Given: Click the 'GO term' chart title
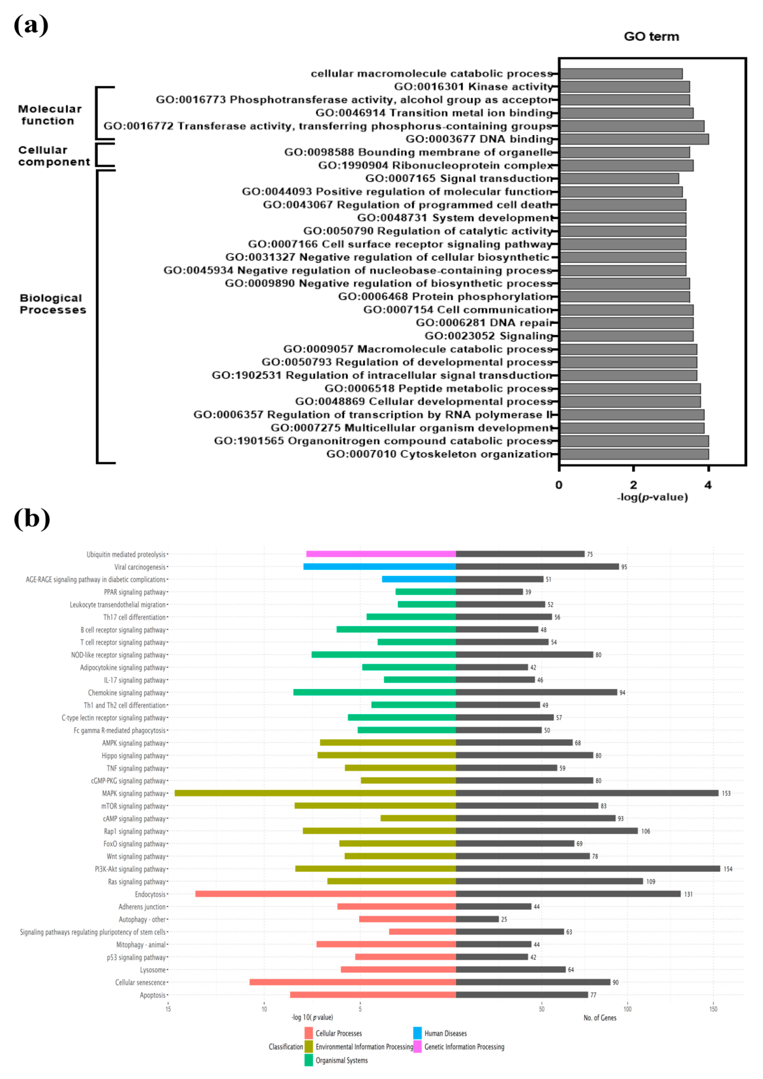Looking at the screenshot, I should pyautogui.click(x=651, y=37).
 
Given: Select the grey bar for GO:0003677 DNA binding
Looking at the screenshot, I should pyautogui.click(x=634, y=139).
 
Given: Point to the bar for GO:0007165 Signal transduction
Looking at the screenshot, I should pyautogui.click(x=619, y=178).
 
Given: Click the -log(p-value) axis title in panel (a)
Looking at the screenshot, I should pyautogui.click(x=652, y=497).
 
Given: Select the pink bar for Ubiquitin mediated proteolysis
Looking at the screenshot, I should pyautogui.click(x=381, y=554).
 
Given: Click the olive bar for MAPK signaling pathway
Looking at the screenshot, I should pyautogui.click(x=315, y=793).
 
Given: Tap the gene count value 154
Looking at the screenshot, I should pyautogui.click(x=728, y=869).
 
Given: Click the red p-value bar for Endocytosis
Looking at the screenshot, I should pyautogui.click(x=325, y=894).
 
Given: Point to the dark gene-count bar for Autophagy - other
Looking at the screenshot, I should pyautogui.click(x=477, y=919).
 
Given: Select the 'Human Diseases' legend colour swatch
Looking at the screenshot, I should pyautogui.click(x=417, y=1033).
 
